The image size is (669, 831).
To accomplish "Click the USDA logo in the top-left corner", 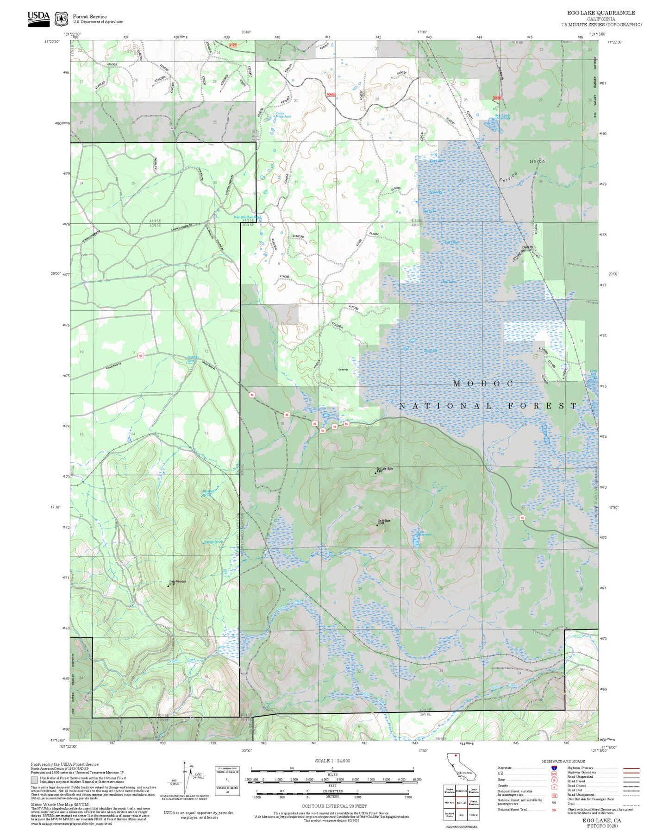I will [38, 18].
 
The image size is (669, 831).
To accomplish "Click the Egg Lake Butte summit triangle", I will [375, 473].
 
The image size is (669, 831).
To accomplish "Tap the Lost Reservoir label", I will [421, 533].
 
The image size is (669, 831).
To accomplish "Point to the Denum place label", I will [527, 247].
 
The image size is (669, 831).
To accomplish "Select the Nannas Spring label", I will [213, 541].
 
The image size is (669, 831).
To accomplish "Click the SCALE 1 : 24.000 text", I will [332, 761].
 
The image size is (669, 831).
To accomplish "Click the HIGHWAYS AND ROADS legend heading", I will [563, 761].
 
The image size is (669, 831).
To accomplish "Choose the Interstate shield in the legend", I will [554, 768].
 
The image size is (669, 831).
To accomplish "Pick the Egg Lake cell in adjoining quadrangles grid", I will [461, 803].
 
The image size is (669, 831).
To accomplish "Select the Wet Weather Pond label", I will [247, 217].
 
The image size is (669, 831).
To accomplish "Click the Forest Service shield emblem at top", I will [61, 19].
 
